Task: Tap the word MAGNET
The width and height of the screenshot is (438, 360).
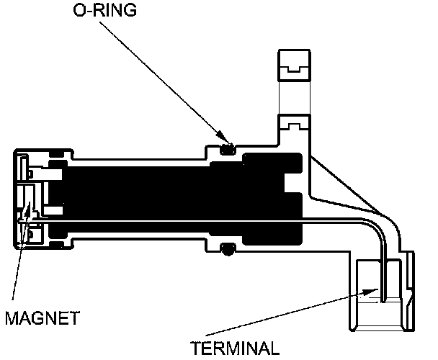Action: pyautogui.click(x=43, y=316)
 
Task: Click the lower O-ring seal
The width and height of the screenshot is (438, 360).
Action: pyautogui.click(x=228, y=250)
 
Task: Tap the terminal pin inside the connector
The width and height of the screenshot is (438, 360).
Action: pyautogui.click(x=385, y=281)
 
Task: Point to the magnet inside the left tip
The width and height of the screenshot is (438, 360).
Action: pyautogui.click(x=29, y=209)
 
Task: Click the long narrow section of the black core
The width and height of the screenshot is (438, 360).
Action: pyautogui.click(x=137, y=198)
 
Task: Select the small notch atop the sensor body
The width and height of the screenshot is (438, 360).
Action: pyautogui.click(x=295, y=125)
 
